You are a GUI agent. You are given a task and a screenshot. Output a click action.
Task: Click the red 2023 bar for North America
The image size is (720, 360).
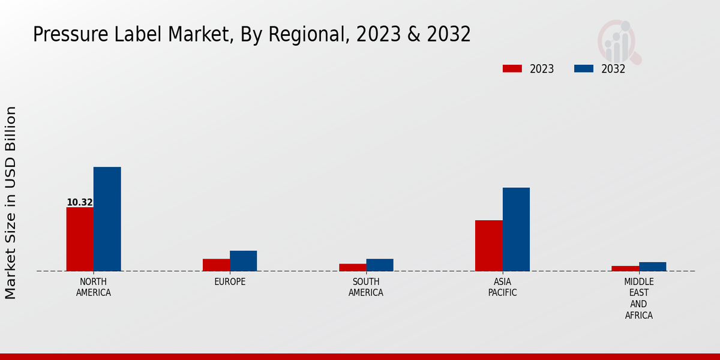[x=80, y=239]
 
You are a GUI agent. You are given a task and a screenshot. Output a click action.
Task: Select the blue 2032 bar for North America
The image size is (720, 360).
[x=107, y=219]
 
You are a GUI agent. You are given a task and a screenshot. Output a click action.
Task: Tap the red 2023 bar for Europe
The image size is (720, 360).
[x=216, y=265]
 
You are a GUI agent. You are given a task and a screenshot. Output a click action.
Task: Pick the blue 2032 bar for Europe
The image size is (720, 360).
[x=243, y=261]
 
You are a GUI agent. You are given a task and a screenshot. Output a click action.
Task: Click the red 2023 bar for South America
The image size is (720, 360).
[x=352, y=267]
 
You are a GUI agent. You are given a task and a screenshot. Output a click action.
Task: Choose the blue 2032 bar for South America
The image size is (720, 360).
[x=380, y=265]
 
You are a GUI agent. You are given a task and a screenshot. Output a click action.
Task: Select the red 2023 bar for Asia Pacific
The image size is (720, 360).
[x=488, y=245]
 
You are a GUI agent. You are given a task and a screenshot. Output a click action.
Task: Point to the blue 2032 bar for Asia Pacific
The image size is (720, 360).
[x=516, y=229]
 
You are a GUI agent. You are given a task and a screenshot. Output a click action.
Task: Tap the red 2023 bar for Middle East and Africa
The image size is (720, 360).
[x=625, y=268]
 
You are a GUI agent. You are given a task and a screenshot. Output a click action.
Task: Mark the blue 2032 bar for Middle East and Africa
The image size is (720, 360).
[x=652, y=266]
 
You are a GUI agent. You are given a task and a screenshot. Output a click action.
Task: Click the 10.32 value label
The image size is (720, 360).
[x=80, y=203]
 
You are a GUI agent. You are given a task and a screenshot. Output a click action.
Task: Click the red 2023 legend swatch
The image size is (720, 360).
[x=512, y=68]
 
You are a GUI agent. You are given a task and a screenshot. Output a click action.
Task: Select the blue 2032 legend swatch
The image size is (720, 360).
[x=584, y=68]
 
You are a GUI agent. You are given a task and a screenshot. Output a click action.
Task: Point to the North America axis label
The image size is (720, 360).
[x=93, y=287]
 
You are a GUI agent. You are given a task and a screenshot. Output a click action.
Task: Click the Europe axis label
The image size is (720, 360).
[x=230, y=282]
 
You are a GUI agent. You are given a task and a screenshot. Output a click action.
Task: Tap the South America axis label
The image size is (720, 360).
[x=366, y=287]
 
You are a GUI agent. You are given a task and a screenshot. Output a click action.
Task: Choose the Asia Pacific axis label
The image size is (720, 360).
[x=502, y=287]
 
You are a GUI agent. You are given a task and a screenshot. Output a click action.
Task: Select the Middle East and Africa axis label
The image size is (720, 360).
[x=639, y=298]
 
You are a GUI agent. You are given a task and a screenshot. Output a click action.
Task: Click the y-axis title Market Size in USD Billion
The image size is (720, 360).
[x=11, y=203]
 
